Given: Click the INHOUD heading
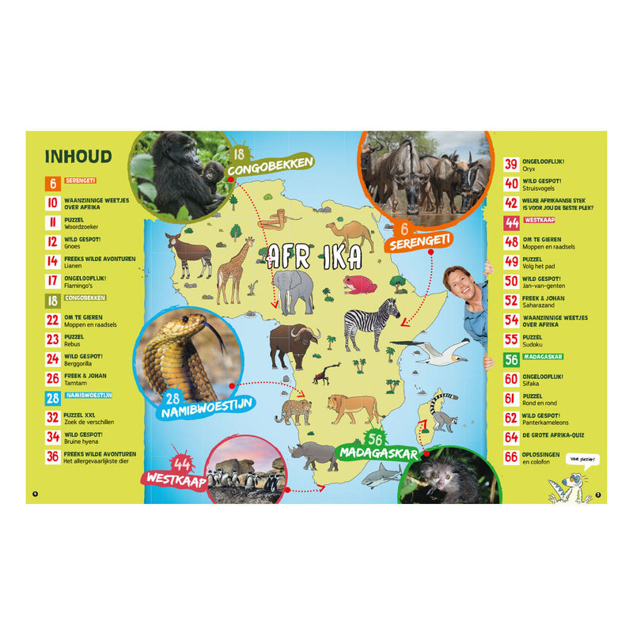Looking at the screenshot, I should point(78,157).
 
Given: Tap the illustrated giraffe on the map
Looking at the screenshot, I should point(231,269).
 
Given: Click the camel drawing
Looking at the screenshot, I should point(351,235).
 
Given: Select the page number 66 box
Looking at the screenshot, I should point(511,457).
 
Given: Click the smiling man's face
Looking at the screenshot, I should point(461,285).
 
